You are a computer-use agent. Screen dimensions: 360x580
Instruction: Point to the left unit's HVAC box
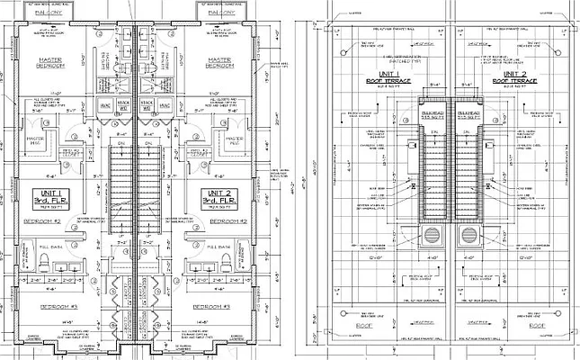104,105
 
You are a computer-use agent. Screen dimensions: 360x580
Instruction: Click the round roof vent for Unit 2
468,235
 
